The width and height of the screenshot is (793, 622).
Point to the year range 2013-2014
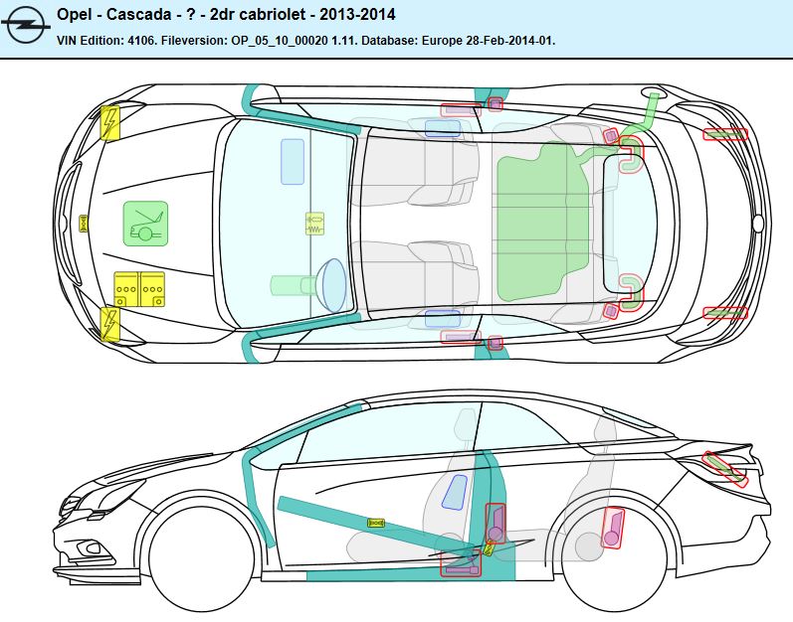[360, 16]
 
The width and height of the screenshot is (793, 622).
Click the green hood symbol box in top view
[145, 224]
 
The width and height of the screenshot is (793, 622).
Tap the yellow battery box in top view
[138, 287]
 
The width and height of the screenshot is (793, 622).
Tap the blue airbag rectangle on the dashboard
[293, 161]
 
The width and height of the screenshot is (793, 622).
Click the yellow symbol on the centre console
[314, 224]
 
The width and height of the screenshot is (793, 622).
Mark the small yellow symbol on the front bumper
[84, 224]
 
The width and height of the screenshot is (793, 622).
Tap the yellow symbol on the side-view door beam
[375, 523]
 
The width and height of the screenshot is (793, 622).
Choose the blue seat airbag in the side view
[456, 492]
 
